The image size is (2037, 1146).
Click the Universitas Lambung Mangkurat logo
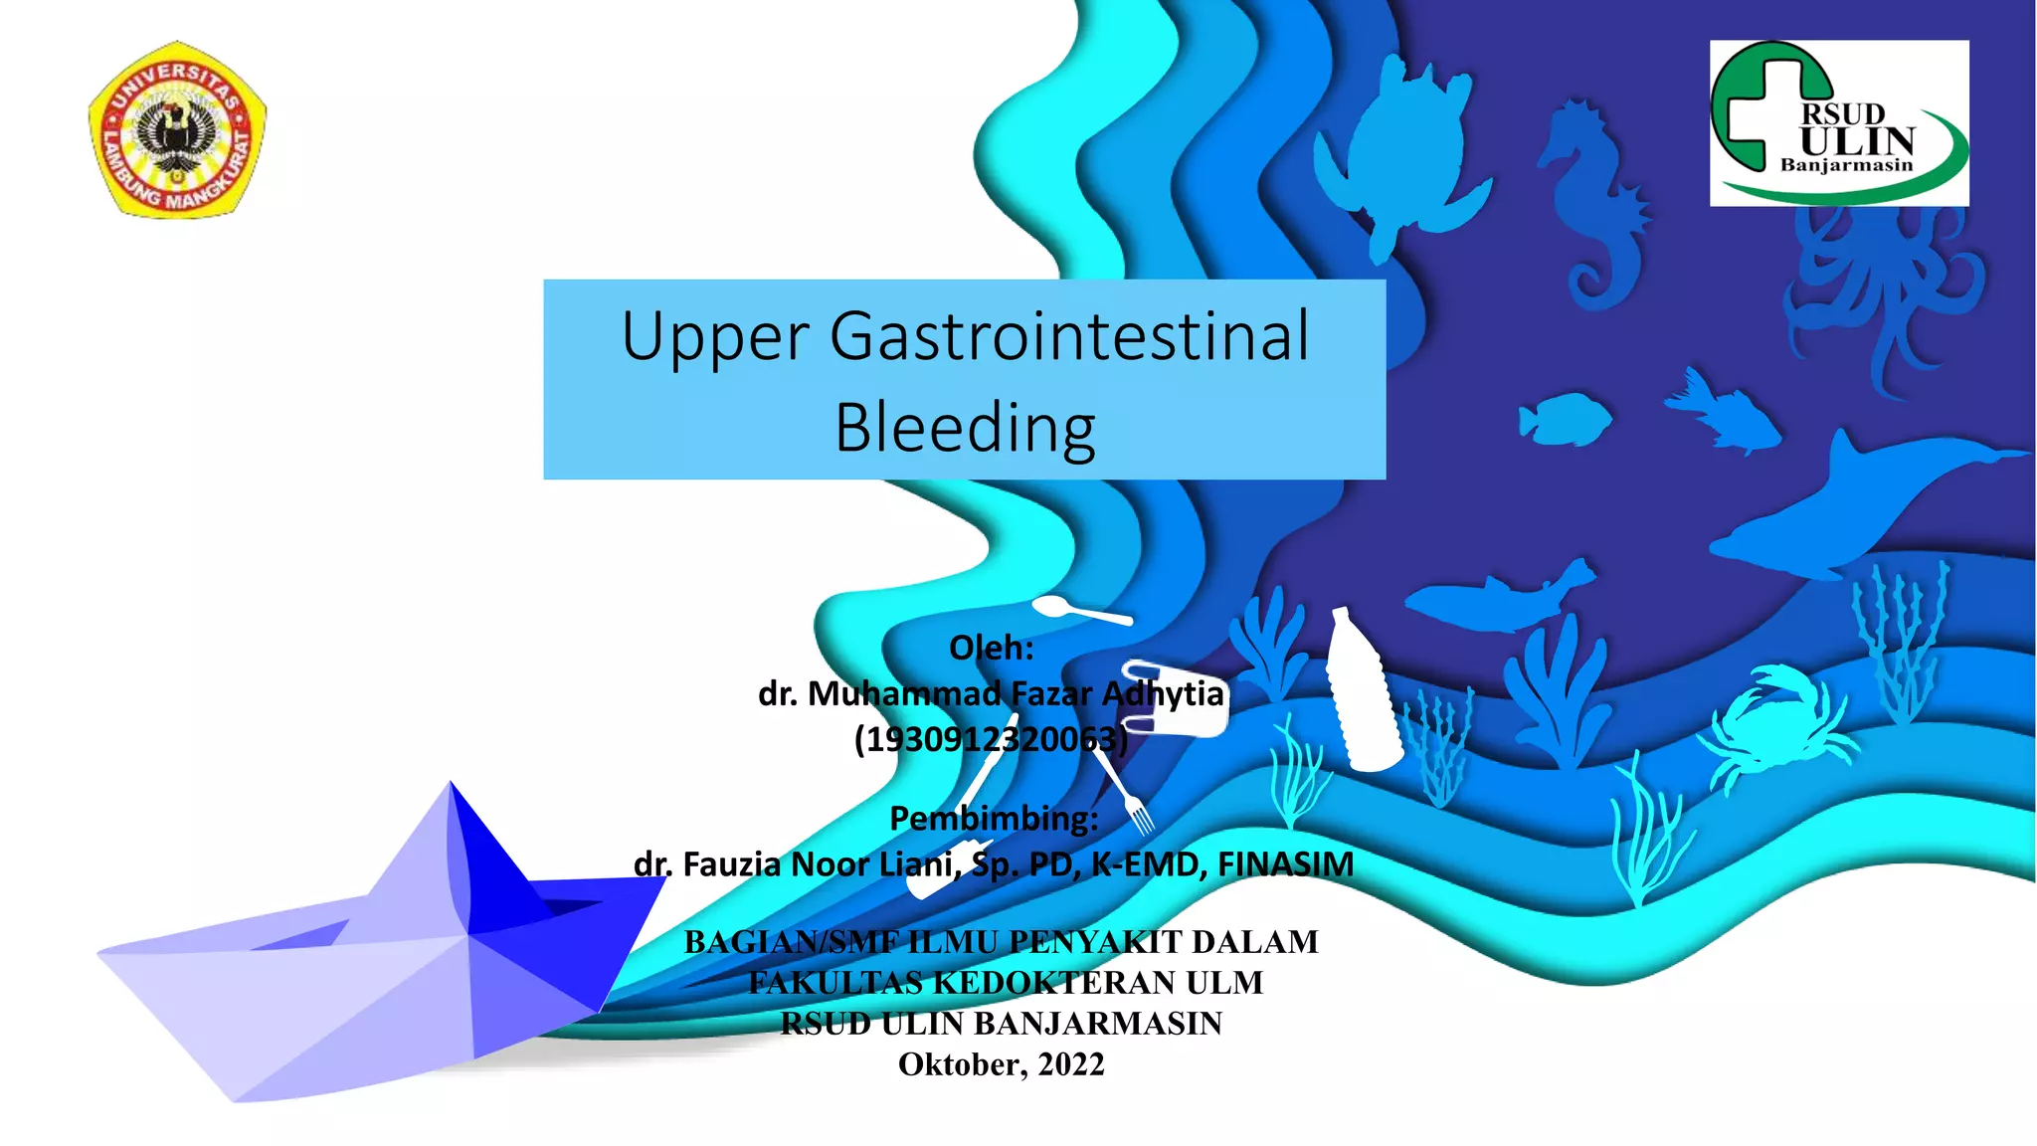pos(177,129)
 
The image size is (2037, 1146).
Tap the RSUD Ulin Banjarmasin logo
pos(1838,123)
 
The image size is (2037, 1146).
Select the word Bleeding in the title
pos(965,428)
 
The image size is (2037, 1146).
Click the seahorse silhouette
pos(1591,199)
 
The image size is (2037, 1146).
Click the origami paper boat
pos(378,955)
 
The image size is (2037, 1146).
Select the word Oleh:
pos(991,648)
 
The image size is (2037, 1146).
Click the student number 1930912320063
pos(991,739)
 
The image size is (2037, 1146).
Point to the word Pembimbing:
pos(993,818)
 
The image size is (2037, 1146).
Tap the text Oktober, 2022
pos(1001,1064)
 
